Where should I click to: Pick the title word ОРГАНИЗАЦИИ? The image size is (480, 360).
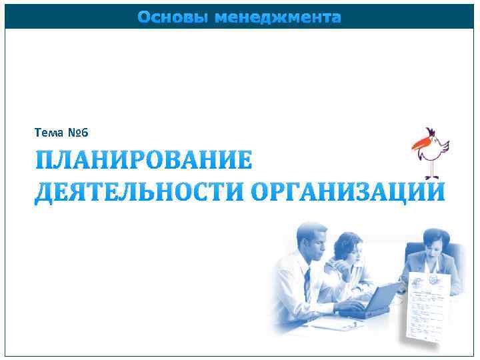click(x=347, y=190)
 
